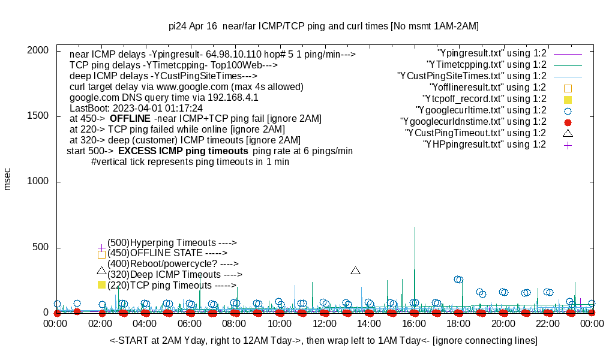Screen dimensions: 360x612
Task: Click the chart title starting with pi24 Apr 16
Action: tap(323, 26)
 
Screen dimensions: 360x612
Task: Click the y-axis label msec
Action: tap(8, 179)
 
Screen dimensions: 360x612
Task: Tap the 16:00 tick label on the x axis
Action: tap(413, 324)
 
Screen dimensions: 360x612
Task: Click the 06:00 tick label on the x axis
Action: tap(190, 324)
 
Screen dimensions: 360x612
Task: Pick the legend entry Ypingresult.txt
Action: tap(492, 53)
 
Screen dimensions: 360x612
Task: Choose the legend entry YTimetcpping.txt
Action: tap(486, 64)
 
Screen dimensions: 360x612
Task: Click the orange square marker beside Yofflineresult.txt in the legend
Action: tap(568, 88)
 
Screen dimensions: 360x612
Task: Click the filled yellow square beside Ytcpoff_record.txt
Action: tap(568, 99)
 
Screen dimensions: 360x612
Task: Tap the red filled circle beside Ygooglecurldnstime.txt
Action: tap(568, 122)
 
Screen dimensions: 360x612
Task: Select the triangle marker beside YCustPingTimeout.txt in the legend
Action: tap(568, 133)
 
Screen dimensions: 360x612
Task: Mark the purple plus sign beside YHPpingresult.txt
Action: tap(568, 145)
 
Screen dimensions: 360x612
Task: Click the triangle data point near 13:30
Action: tap(355, 271)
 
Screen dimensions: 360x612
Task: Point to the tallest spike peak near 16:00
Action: tap(415, 227)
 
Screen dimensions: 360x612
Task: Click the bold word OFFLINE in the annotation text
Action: tap(130, 118)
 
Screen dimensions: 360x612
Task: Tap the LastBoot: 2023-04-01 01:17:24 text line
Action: tap(136, 108)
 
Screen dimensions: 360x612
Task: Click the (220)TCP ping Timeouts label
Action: tap(172, 286)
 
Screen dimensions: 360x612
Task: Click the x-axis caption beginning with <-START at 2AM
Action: tap(323, 341)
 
